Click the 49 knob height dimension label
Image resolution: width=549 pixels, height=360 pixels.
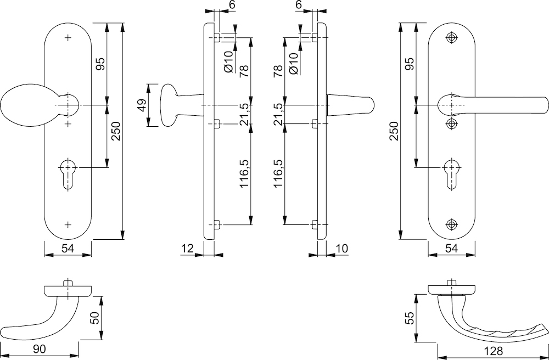(142, 105)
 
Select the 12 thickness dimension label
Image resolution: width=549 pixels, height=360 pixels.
(188, 249)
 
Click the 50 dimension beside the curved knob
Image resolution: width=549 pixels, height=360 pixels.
(95, 318)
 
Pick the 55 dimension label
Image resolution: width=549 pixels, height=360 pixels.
(410, 318)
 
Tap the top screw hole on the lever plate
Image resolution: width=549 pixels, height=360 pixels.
(452, 38)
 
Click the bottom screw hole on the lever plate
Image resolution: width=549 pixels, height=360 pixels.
(452, 224)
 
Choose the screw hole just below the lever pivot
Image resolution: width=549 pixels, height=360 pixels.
(452, 123)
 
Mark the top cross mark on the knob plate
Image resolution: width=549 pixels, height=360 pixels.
(68, 38)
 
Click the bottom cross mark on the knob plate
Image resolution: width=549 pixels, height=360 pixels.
(68, 224)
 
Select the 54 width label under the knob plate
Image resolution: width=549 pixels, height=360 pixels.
(68, 249)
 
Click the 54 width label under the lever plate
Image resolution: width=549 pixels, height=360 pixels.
(452, 249)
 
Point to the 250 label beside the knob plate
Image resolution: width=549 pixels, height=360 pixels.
(116, 131)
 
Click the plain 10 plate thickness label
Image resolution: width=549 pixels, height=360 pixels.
(341, 249)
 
